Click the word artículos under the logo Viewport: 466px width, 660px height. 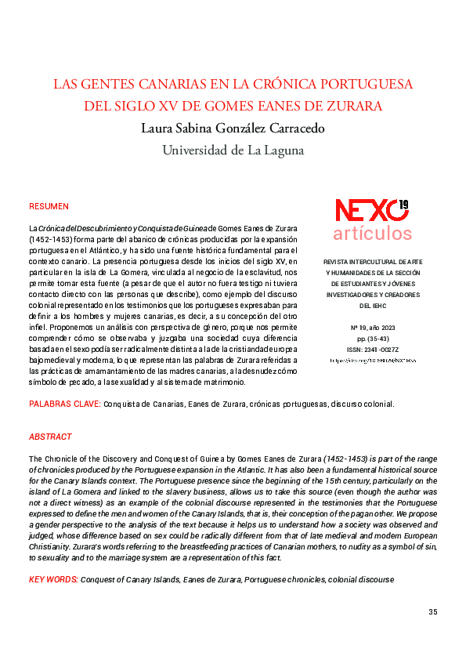point(372,233)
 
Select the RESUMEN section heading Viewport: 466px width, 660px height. point(49,206)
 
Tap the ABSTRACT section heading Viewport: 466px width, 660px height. point(50,437)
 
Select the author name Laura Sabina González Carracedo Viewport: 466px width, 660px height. point(233,128)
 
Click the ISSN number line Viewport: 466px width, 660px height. point(373,350)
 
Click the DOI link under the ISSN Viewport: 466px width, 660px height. point(373,361)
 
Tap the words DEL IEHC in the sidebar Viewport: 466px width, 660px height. point(373,306)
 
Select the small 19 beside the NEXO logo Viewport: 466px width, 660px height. point(403,205)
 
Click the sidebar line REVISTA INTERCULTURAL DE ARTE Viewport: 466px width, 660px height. point(373,261)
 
